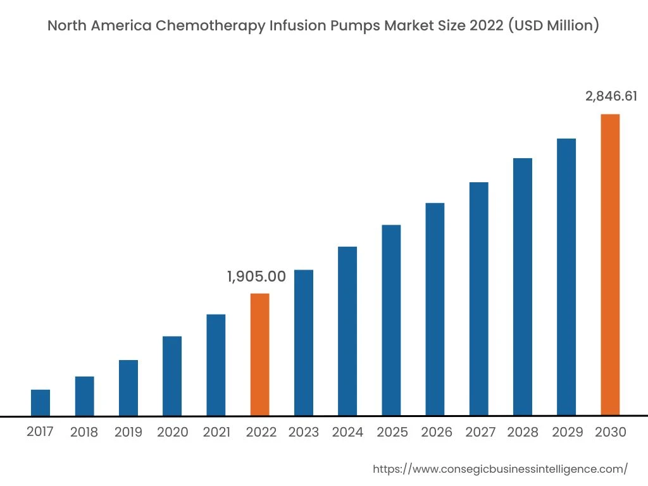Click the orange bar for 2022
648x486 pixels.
tap(259, 354)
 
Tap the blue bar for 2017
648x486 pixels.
tap(40, 402)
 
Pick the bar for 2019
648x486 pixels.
tap(128, 388)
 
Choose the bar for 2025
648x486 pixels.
tap(391, 320)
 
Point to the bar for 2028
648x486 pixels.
tap(523, 287)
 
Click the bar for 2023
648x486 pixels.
tap(304, 342)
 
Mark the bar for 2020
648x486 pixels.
tap(172, 376)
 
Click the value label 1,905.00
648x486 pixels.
tap(256, 277)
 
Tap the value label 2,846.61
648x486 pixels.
tap(611, 96)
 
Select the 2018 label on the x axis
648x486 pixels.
tap(84, 433)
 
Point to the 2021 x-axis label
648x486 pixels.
tap(216, 433)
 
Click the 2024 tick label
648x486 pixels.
tap(347, 433)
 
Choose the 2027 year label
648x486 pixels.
tap(480, 433)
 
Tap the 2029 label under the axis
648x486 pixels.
tap(568, 433)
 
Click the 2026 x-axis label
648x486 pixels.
tap(437, 433)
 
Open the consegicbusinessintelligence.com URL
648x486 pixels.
tap(500, 469)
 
